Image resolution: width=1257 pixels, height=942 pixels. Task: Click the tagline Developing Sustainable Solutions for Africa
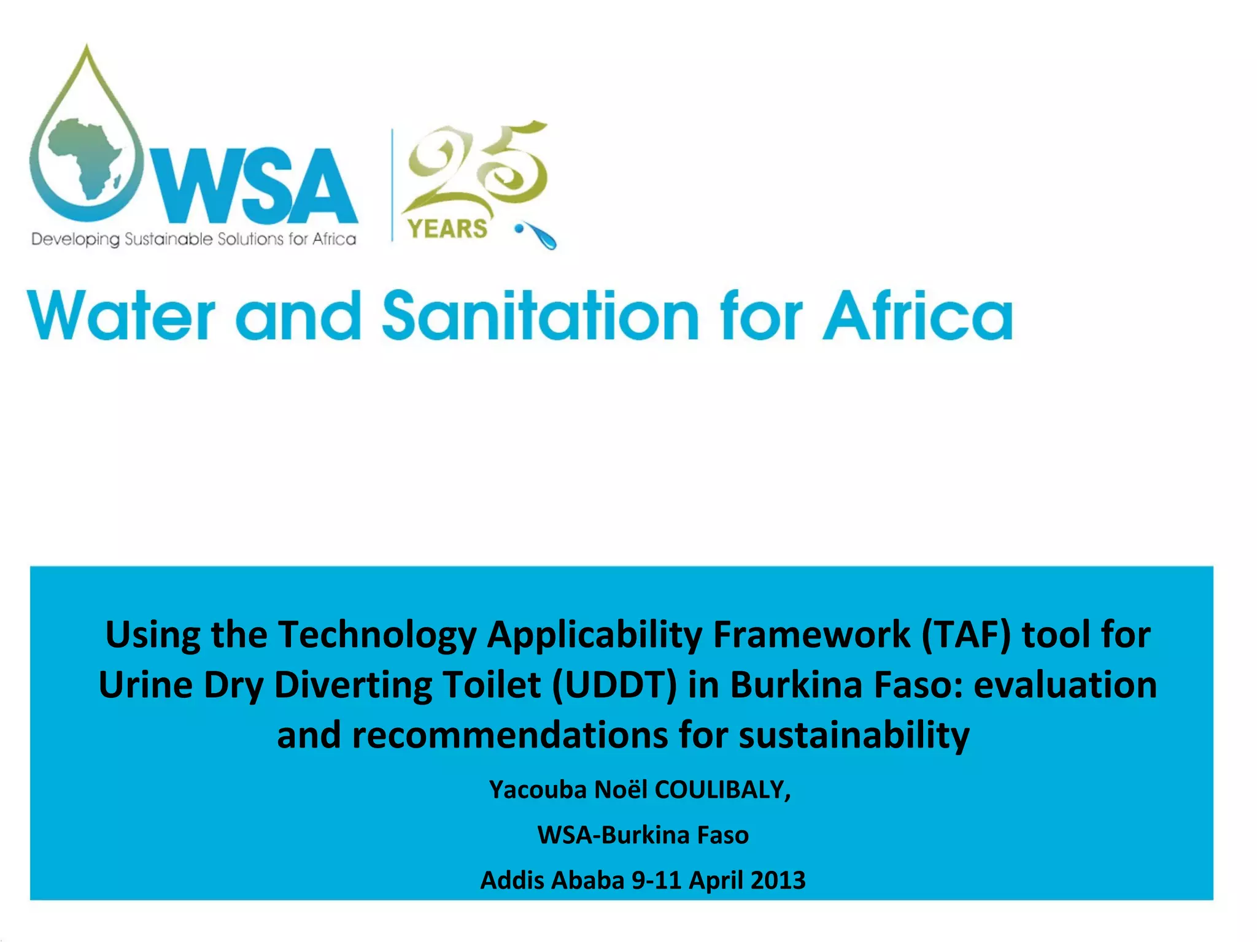click(x=194, y=239)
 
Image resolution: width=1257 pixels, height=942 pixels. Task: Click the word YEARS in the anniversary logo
click(x=447, y=229)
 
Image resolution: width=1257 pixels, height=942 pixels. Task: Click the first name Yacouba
click(x=538, y=790)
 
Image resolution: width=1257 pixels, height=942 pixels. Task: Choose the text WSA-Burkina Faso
click(x=643, y=835)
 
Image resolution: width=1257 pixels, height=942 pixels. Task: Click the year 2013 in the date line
click(x=777, y=881)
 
